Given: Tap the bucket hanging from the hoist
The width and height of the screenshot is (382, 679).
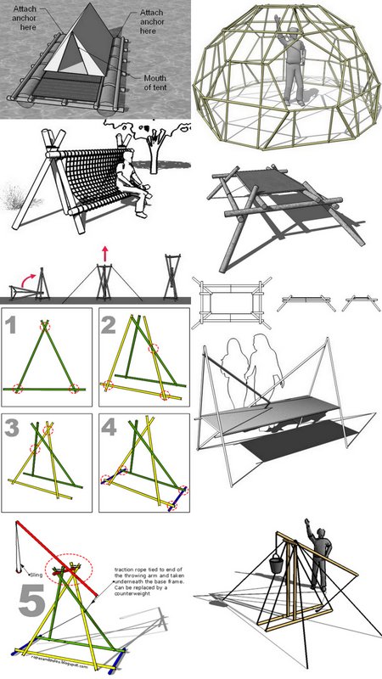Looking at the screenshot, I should [278, 564].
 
